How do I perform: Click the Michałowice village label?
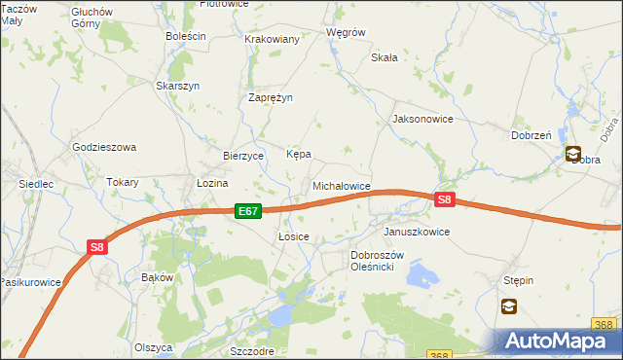pos(341,185)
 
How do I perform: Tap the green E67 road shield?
pos(247,210)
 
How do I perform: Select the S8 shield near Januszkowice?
pos(444,200)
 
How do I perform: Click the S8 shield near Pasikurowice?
pos(96,247)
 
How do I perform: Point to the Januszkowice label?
pos(416,233)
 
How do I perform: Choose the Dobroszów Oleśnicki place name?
pos(385,261)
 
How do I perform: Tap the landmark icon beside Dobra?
pos(573,153)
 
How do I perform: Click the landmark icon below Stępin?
pos(509,306)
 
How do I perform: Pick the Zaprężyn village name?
pos(271,97)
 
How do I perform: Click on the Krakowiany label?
pos(272,39)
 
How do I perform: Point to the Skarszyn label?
pos(177,86)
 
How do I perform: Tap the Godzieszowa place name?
pos(104,147)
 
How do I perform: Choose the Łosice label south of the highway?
pos(293,236)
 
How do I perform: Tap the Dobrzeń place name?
pos(531,136)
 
